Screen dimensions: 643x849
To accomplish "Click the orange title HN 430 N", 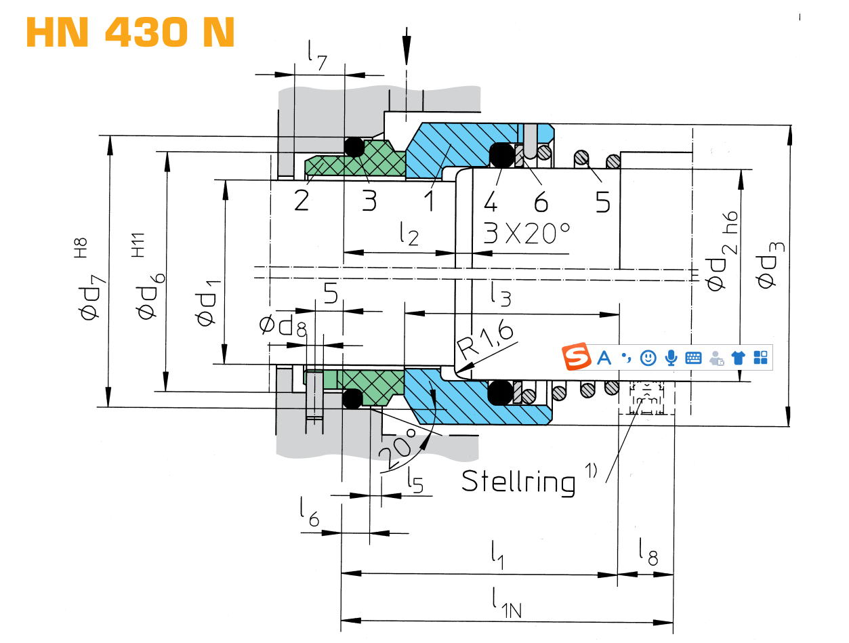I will pyautogui.click(x=130, y=32).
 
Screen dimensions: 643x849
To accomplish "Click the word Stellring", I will pyautogui.click(x=518, y=480).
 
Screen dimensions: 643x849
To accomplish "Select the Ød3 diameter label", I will pyautogui.click(x=771, y=271).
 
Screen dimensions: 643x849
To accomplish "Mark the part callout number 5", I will pyautogui.click(x=602, y=201).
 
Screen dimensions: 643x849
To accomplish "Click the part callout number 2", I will pyautogui.click(x=301, y=201).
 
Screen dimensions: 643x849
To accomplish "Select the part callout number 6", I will pyautogui.click(x=540, y=201).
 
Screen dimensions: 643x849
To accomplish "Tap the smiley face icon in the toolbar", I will pyautogui.click(x=648, y=357).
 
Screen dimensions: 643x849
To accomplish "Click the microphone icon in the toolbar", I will pyautogui.click(x=671, y=357).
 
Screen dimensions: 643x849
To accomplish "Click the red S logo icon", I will pyautogui.click(x=577, y=357).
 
